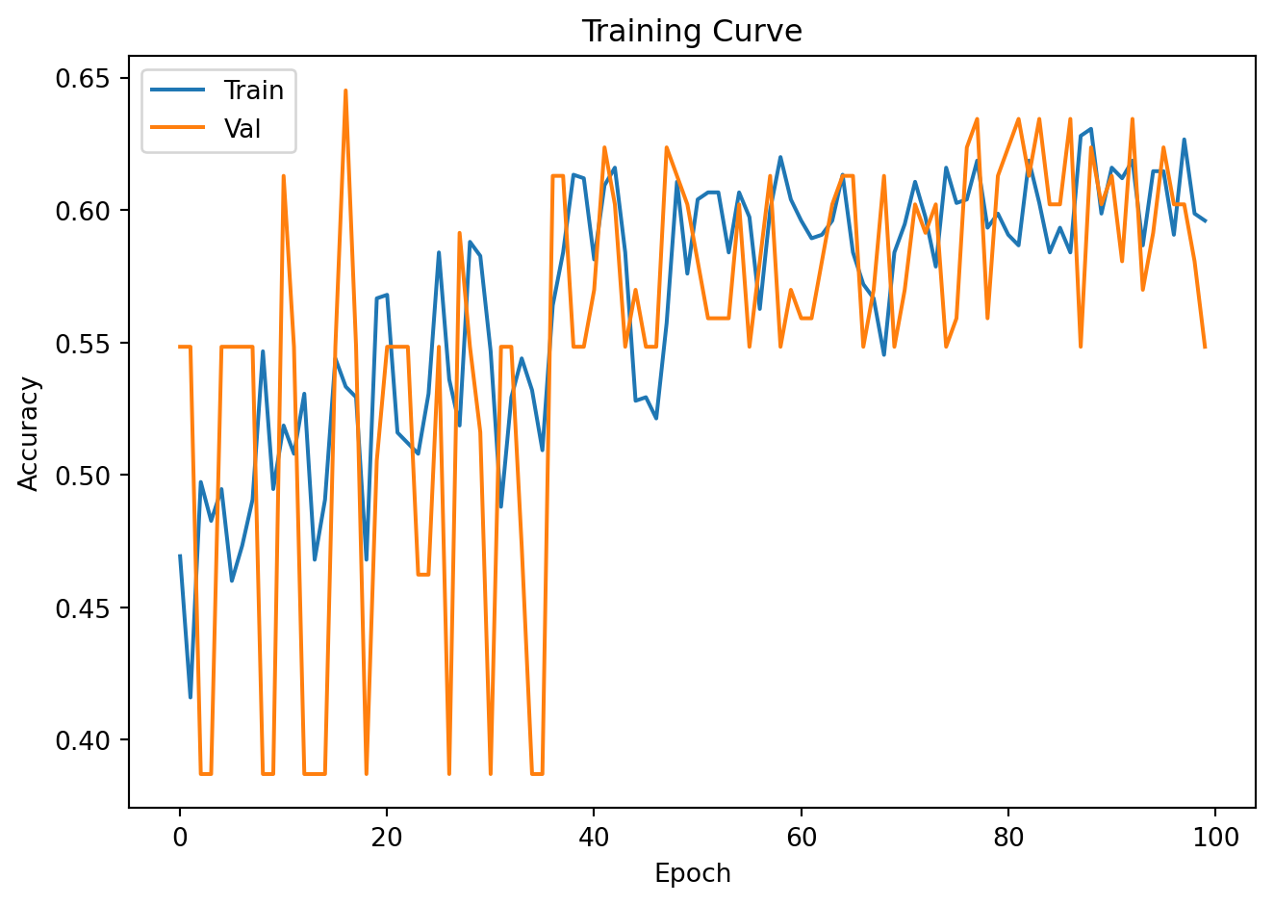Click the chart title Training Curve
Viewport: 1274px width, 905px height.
point(691,32)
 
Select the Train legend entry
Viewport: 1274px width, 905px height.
point(253,90)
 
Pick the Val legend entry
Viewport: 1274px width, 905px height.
point(242,129)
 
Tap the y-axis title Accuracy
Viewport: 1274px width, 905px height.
point(30,433)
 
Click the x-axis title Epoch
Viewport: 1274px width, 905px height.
point(692,873)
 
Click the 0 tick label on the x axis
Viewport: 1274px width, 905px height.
point(180,837)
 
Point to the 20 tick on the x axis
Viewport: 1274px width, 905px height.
point(387,837)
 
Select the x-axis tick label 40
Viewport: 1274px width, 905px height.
point(594,837)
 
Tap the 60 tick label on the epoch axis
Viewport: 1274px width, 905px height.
point(802,837)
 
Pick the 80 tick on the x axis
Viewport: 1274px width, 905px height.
point(1008,837)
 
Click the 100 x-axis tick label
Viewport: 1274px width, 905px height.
point(1215,837)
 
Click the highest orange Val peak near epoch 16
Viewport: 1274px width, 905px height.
point(345,90)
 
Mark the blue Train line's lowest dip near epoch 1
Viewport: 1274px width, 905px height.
point(191,697)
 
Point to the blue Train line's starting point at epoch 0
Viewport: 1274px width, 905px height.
point(180,556)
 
